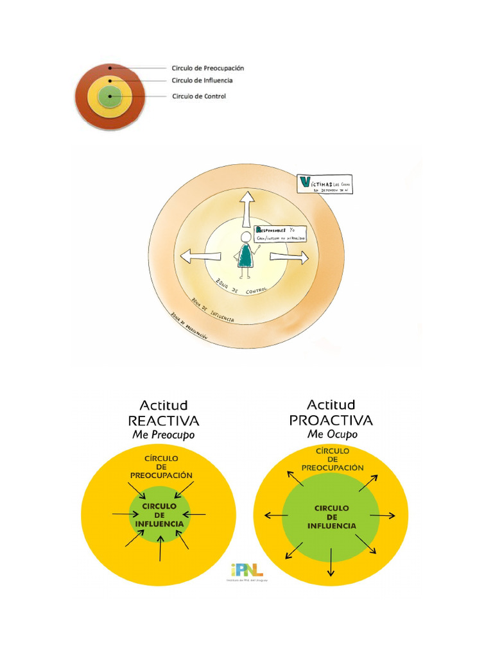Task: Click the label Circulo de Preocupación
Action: (x=207, y=68)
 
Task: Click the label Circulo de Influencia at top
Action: (x=202, y=81)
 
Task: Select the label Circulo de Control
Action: (x=199, y=96)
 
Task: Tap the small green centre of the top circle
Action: (x=110, y=98)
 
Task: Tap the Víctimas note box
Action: (x=325, y=183)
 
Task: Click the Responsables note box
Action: (x=280, y=234)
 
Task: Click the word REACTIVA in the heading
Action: (x=164, y=421)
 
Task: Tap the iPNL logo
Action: (x=246, y=570)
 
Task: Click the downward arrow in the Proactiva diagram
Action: (x=331, y=562)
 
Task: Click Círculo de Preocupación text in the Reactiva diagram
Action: (x=161, y=467)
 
